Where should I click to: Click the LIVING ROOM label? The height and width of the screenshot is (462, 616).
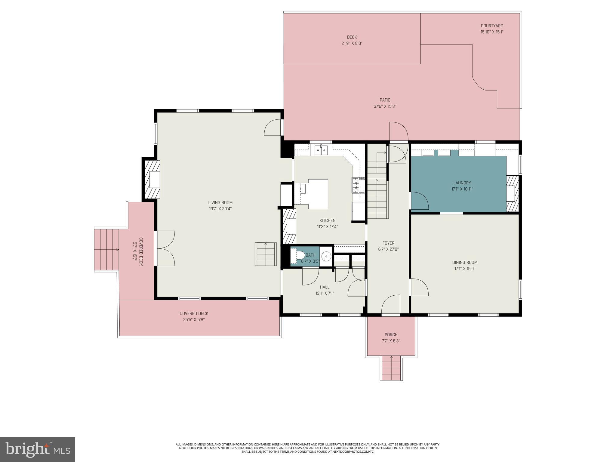pyautogui.click(x=220, y=203)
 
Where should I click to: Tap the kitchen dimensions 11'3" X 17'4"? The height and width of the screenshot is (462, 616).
pyautogui.click(x=327, y=227)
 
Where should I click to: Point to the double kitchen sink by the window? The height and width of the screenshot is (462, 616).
pyautogui.click(x=321, y=150)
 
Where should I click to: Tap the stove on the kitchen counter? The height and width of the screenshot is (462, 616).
pyautogui.click(x=358, y=185)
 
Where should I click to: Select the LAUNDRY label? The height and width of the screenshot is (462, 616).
pyautogui.click(x=462, y=183)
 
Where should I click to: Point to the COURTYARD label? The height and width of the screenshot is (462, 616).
pyautogui.click(x=492, y=26)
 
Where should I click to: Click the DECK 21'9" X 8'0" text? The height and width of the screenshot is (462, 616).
pyautogui.click(x=352, y=40)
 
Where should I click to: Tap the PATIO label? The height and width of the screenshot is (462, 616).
pyautogui.click(x=385, y=100)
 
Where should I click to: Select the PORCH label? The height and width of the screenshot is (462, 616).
pyautogui.click(x=391, y=335)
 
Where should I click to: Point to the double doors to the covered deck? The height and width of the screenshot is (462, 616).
pyautogui.click(x=165, y=248)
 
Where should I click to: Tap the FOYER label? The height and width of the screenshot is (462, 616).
pyautogui.click(x=388, y=243)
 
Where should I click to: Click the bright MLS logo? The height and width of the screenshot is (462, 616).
pyautogui.click(x=37, y=449)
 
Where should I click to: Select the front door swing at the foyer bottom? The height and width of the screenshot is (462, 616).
pyautogui.click(x=390, y=304)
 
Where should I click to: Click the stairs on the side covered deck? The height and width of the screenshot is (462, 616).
pyautogui.click(x=106, y=250)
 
